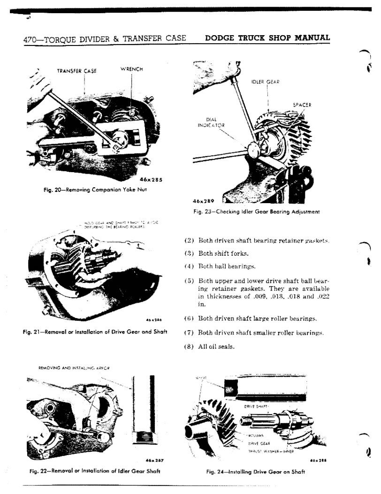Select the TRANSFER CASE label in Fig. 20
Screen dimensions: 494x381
[x=76, y=71]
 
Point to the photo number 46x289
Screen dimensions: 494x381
[x=204, y=199]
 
